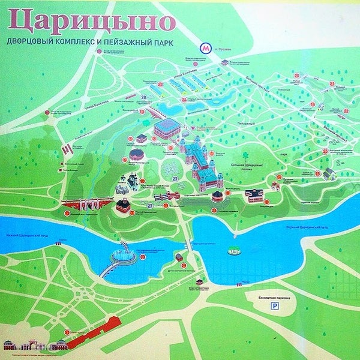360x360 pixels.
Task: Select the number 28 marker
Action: click(x=143, y=97)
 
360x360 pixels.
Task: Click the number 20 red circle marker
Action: click(x=296, y=76)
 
